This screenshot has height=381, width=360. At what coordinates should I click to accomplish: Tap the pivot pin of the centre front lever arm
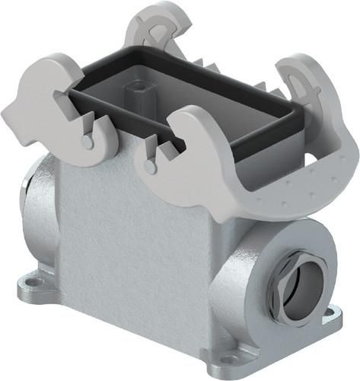coord(151,163)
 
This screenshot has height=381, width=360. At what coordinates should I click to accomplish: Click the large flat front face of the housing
coord(129,244)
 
